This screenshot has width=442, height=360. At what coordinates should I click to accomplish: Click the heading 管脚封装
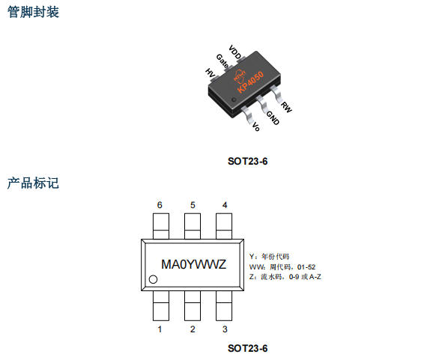(33, 12)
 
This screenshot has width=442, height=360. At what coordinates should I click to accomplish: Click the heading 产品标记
(33, 183)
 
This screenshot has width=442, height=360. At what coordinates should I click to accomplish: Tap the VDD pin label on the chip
(235, 52)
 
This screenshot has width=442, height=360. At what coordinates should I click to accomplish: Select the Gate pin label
(222, 61)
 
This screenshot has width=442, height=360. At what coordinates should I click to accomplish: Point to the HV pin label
(210, 73)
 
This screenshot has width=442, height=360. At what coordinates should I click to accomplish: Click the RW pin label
(286, 107)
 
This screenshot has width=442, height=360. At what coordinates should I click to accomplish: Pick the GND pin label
(273, 118)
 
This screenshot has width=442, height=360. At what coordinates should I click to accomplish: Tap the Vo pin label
(255, 126)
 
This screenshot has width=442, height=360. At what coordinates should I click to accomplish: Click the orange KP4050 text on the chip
(250, 82)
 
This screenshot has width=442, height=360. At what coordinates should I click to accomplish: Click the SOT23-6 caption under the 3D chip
(247, 162)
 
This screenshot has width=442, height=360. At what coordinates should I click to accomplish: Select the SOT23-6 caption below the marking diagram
(247, 348)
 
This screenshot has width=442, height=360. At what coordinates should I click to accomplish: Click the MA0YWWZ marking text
(193, 264)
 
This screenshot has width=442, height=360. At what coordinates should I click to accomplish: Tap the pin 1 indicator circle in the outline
(153, 279)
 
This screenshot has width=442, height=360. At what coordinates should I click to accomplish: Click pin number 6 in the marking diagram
(160, 205)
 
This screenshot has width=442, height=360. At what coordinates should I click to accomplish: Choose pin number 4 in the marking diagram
(225, 205)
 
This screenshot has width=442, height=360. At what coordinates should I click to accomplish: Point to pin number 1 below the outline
(160, 329)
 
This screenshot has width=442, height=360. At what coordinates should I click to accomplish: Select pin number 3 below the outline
(225, 329)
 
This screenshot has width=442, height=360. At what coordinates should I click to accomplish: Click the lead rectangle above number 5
(193, 226)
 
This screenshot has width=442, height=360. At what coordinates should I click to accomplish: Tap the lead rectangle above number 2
(193, 305)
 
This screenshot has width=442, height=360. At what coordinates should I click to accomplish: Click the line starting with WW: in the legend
(282, 266)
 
